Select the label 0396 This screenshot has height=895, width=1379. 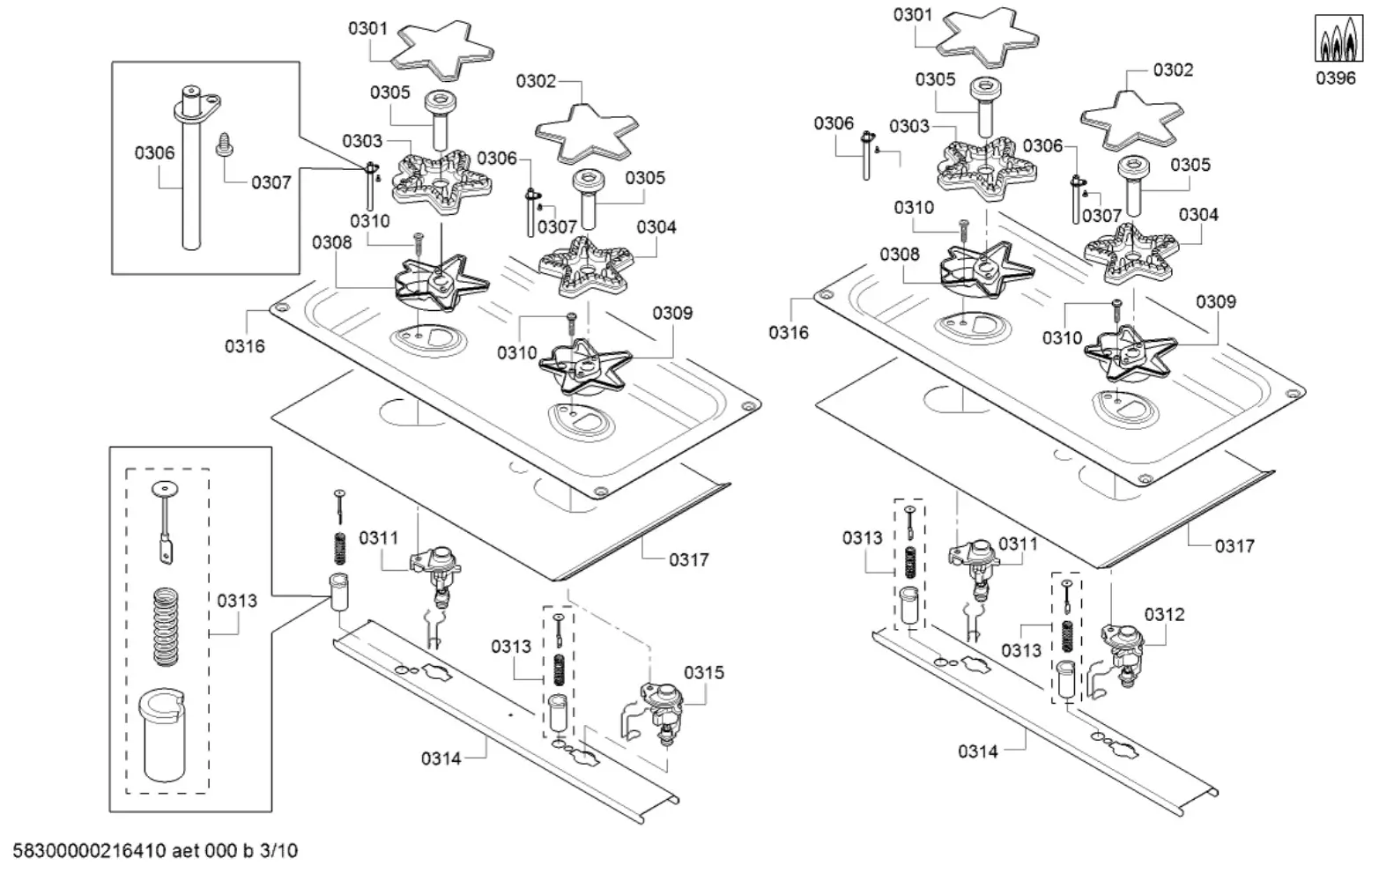pyautogui.click(x=1335, y=78)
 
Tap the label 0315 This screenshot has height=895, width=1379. pyautogui.click(x=703, y=673)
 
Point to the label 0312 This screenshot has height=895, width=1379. pyautogui.click(x=1164, y=615)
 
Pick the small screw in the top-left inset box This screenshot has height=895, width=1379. pyautogui.click(x=223, y=144)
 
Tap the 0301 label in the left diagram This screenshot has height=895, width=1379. pyautogui.click(x=367, y=28)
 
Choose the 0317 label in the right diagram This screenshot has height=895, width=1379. pyautogui.click(x=1234, y=546)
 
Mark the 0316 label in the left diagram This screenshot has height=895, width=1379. pyautogui.click(x=244, y=346)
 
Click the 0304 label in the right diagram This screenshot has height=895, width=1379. pyautogui.click(x=1198, y=215)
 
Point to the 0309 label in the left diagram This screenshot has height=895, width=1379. pyautogui.click(x=672, y=313)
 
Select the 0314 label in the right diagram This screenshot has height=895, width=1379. pyautogui.click(x=978, y=751)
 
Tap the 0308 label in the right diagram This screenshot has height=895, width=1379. pyautogui.click(x=899, y=255)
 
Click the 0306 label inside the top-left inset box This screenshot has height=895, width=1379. pyautogui.click(x=154, y=153)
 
